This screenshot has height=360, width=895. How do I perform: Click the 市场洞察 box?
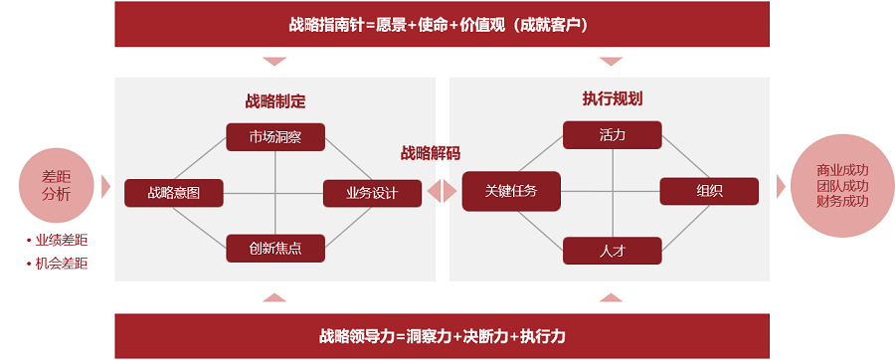coord(275,137)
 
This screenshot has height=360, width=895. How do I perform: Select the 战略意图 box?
coord(173,193)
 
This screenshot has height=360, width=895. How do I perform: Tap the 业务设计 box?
coord(372,193)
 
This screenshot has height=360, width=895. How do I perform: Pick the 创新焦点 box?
coord(275,248)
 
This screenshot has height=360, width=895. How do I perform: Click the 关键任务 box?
coord(511,191)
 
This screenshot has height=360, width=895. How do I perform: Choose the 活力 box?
coord(612,135)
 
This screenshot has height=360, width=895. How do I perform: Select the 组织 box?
coord(709,191)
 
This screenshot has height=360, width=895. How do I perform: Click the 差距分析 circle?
coord(57,185)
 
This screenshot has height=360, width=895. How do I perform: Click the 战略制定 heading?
coord(275,100)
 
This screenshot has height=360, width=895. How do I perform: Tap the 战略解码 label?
coord(431,153)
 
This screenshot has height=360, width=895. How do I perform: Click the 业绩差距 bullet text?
coord(62,241)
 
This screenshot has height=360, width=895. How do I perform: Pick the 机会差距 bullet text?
coord(62,264)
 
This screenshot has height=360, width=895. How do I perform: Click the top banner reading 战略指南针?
coord(442,24)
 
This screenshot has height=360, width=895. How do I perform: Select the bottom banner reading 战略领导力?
coord(442,336)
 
